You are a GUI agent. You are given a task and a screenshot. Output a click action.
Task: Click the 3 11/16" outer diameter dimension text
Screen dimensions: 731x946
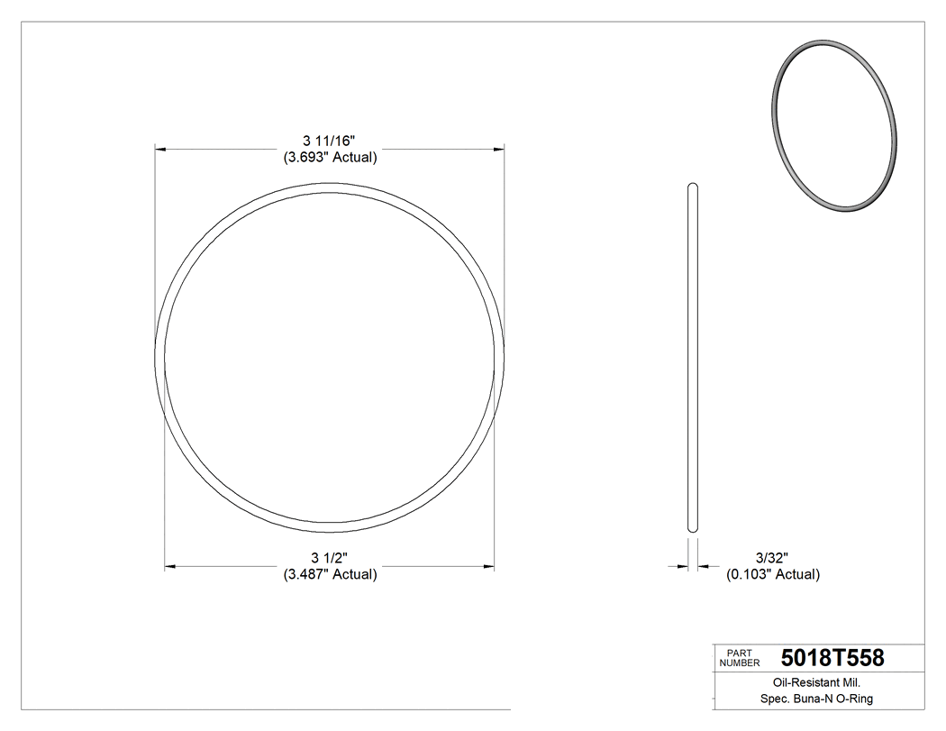click(x=330, y=140)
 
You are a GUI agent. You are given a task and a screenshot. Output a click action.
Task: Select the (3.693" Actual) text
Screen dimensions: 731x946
click(x=330, y=157)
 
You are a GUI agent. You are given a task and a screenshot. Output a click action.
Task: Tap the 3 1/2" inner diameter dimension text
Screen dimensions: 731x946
click(x=330, y=557)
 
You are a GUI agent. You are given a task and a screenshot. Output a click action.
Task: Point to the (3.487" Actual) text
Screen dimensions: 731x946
click(x=330, y=574)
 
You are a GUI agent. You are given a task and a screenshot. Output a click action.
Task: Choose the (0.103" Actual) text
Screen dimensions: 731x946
click(x=773, y=574)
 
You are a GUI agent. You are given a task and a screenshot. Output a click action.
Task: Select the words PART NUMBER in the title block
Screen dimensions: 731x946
click(x=739, y=658)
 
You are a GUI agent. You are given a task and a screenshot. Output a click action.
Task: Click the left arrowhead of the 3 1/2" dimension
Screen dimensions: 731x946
click(x=169, y=566)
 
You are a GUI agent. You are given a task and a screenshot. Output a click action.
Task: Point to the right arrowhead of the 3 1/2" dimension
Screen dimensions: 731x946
click(x=489, y=566)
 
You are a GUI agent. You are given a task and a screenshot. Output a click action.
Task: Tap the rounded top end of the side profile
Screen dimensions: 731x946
click(x=693, y=187)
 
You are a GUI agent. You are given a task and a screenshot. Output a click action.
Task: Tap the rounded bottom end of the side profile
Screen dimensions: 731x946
click(x=693, y=529)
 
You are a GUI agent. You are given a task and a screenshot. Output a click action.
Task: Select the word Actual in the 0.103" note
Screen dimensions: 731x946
click(x=796, y=574)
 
